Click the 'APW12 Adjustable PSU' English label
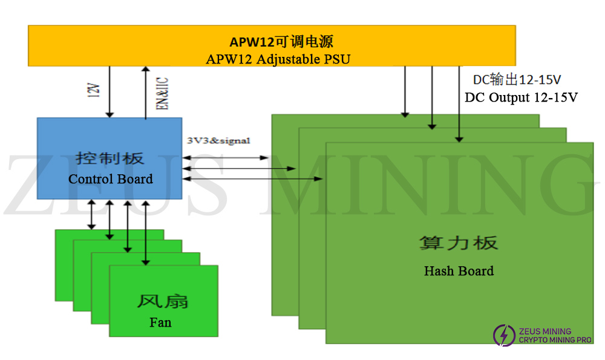coord(278,59)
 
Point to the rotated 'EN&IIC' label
coord(162,93)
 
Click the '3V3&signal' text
coord(218,140)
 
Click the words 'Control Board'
coord(111,179)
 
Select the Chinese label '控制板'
coord(110,159)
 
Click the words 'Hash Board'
coord(459,271)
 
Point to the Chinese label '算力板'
coord(459,243)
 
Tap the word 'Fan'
coord(160,322)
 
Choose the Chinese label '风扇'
coord(163,301)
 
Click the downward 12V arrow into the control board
coord(110,91)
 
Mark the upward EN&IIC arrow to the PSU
coord(146,91)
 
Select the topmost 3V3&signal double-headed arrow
coord(225,158)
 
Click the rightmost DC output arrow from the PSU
coord(459,103)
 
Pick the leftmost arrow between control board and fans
coord(91,214)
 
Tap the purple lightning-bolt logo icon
coord(503,335)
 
